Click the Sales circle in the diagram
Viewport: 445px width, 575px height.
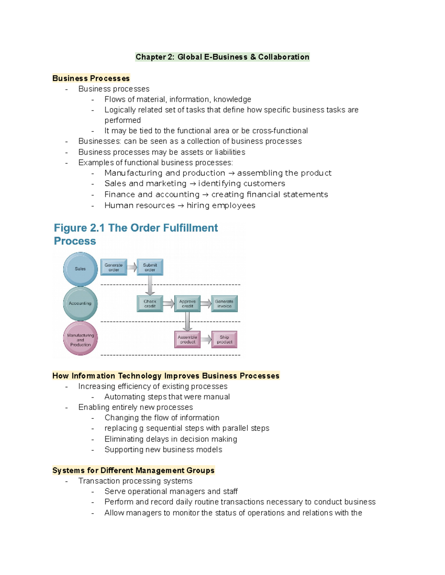point(80,269)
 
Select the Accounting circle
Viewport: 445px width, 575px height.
point(80,304)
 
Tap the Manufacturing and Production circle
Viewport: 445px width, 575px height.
point(80,338)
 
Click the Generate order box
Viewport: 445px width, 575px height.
point(113,267)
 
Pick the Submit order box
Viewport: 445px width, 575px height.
point(150,267)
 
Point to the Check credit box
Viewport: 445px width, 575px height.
point(150,304)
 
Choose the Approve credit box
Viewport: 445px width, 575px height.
point(187,304)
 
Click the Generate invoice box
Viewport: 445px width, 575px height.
point(224,304)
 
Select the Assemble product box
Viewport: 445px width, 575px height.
point(187,340)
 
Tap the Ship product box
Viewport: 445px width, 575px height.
point(224,340)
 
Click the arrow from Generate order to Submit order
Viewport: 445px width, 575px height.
point(132,267)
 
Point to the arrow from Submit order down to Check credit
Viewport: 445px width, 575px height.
point(150,285)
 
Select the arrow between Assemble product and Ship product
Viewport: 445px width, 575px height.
point(206,340)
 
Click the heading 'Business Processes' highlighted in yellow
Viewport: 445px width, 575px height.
point(91,78)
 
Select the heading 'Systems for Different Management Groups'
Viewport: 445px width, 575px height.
point(133,471)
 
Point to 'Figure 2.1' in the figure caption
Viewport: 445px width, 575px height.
point(79,228)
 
